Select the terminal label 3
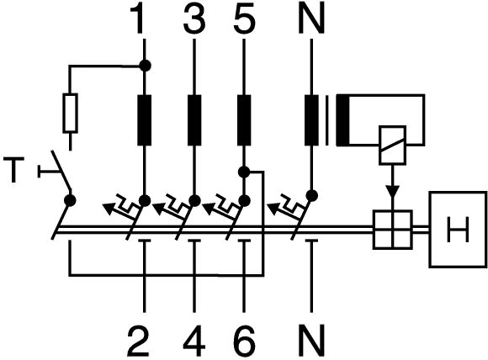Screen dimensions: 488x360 tap(194, 19)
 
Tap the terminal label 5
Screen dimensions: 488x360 tap(244, 19)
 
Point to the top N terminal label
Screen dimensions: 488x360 tap(311, 19)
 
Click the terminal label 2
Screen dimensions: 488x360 tap(138, 341)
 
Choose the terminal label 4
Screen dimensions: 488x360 tap(194, 341)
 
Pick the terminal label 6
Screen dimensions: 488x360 tap(244, 341)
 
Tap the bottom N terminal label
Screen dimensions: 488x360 tap(311, 341)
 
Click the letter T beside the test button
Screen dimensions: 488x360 tap(13, 170)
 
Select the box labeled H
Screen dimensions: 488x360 tap(458, 230)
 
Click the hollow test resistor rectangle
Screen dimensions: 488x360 tap(71, 114)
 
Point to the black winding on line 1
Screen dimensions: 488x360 tap(145, 120)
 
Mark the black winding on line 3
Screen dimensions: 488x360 tap(194, 120)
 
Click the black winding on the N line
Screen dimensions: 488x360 tap(311, 120)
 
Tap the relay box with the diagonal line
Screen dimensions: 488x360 tap(392, 145)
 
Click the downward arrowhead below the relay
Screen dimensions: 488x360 tap(393, 191)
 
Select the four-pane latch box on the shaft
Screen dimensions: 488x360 tap(393, 230)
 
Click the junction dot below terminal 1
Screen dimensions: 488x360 tap(145, 66)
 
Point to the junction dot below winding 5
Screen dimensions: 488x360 tap(244, 172)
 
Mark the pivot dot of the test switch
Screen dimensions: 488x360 tap(70, 200)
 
